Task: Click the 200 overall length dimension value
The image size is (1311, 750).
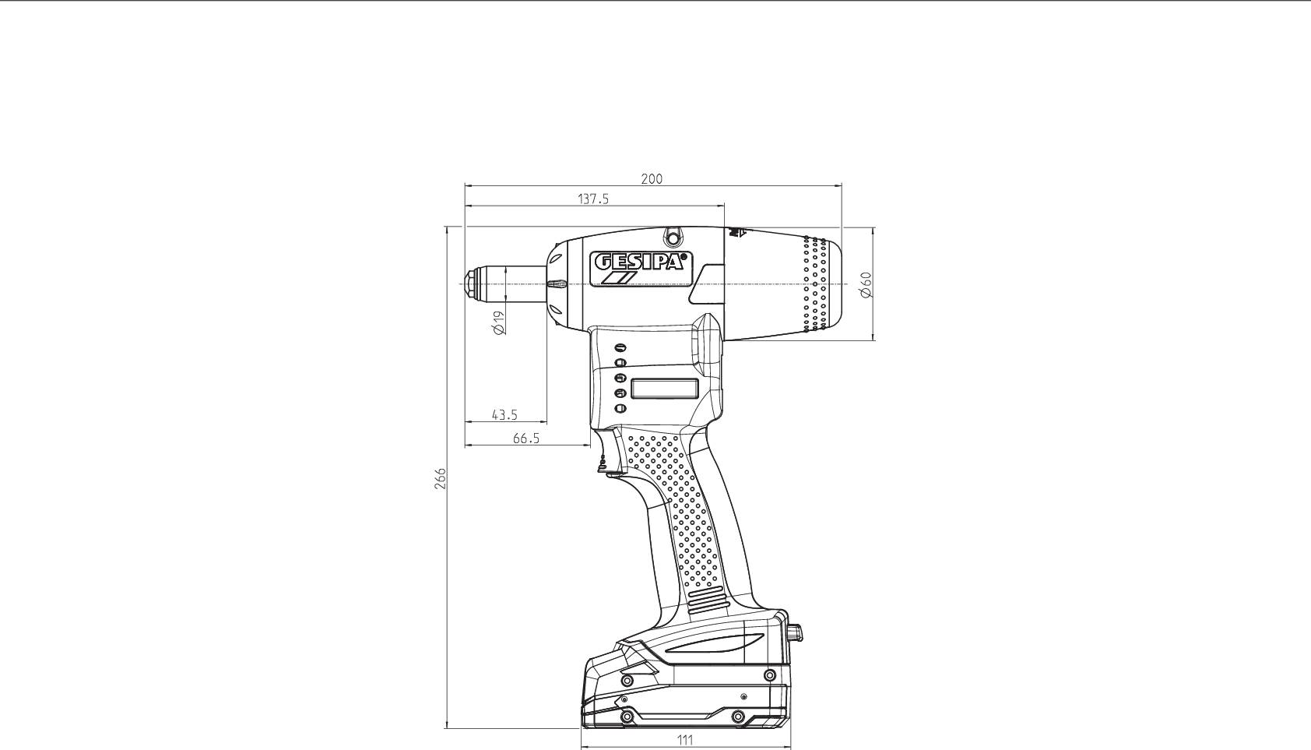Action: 652,178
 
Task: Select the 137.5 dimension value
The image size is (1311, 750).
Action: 593,199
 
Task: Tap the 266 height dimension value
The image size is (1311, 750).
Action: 441,478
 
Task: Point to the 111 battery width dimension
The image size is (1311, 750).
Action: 684,740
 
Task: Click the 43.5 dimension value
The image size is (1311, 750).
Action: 504,415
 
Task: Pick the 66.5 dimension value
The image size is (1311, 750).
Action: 526,438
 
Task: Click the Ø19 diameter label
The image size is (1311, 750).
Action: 499,322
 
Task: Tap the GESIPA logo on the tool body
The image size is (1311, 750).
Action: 640,262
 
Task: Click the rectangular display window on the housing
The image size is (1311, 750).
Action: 663,388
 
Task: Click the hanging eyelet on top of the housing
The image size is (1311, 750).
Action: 673,236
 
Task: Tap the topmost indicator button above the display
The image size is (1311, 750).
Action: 620,348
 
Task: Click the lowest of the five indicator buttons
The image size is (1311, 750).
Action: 620,408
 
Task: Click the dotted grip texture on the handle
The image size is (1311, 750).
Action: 677,506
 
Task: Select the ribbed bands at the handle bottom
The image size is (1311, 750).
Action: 708,602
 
